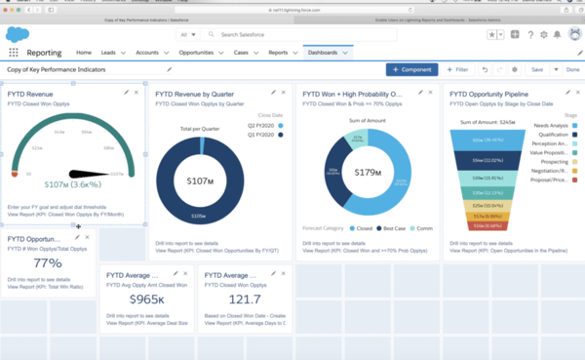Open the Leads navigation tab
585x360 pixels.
[110, 52]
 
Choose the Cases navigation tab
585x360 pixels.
[242, 52]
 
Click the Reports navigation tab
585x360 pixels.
[278, 52]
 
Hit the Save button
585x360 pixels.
[536, 70]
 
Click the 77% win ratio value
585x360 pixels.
[48, 262]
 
